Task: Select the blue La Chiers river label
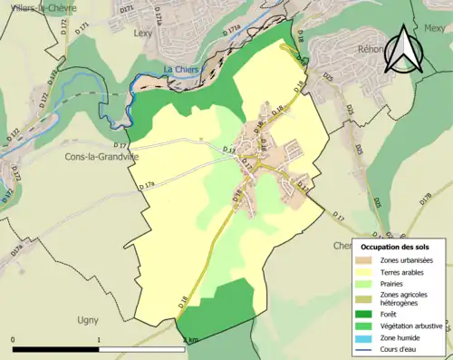pyautogui.click(x=181, y=70)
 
